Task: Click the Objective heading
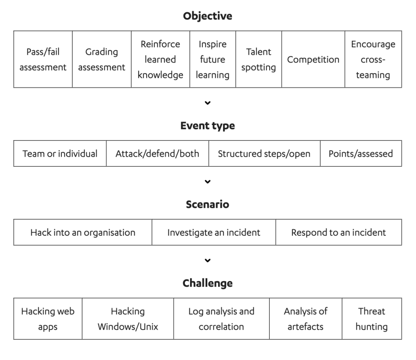[x=208, y=16]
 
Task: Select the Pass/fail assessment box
[x=43, y=59]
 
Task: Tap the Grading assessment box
[x=102, y=59]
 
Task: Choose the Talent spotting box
[x=259, y=59]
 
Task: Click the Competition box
[x=313, y=59]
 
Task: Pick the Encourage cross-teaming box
[x=373, y=59]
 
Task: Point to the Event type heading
[x=208, y=126]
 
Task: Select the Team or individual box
[x=60, y=153]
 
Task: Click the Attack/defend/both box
[x=158, y=153]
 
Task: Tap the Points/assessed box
[x=361, y=153]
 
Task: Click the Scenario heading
[x=208, y=205]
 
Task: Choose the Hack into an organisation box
[x=83, y=232]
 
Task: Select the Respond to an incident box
[x=339, y=232]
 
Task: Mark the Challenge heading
[x=208, y=283]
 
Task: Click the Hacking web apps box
[x=48, y=319]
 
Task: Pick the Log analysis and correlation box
[x=221, y=319]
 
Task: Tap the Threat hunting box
[x=372, y=319]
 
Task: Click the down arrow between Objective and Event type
[x=208, y=103]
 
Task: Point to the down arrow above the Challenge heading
[x=208, y=260]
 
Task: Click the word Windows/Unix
[x=128, y=327]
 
